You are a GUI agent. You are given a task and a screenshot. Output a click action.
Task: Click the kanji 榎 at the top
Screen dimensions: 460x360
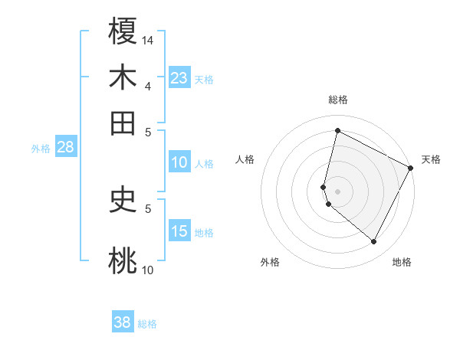tap(123, 33)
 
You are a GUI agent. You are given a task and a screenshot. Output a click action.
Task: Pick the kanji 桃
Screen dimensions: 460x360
tap(123, 260)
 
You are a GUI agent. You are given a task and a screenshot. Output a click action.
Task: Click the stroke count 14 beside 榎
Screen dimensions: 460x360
tap(148, 40)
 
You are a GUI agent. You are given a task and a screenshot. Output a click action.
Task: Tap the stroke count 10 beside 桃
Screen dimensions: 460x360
tap(148, 270)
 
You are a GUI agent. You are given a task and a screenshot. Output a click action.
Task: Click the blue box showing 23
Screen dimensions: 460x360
tap(179, 78)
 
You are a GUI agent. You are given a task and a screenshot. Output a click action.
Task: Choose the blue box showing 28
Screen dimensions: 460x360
tap(65, 148)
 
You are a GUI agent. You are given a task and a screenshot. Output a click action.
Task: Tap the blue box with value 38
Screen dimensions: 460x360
tap(123, 322)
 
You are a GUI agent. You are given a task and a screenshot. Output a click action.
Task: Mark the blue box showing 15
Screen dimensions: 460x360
tap(179, 231)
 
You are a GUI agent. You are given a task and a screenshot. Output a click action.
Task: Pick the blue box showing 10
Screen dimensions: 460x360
tap(179, 162)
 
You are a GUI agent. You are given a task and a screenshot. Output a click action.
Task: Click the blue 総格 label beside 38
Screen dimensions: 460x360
tap(147, 324)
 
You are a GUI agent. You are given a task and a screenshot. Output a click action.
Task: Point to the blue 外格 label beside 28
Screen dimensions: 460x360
tap(40, 149)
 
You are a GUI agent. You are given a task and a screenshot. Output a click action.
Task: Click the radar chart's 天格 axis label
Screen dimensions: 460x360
tap(431, 159)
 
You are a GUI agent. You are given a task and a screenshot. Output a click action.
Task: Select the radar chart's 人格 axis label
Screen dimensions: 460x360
tap(245, 159)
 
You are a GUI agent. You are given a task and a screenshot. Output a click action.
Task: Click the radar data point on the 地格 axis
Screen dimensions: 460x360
tap(374, 242)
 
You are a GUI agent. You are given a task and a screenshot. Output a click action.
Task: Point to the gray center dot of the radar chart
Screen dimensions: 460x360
tap(337, 191)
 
